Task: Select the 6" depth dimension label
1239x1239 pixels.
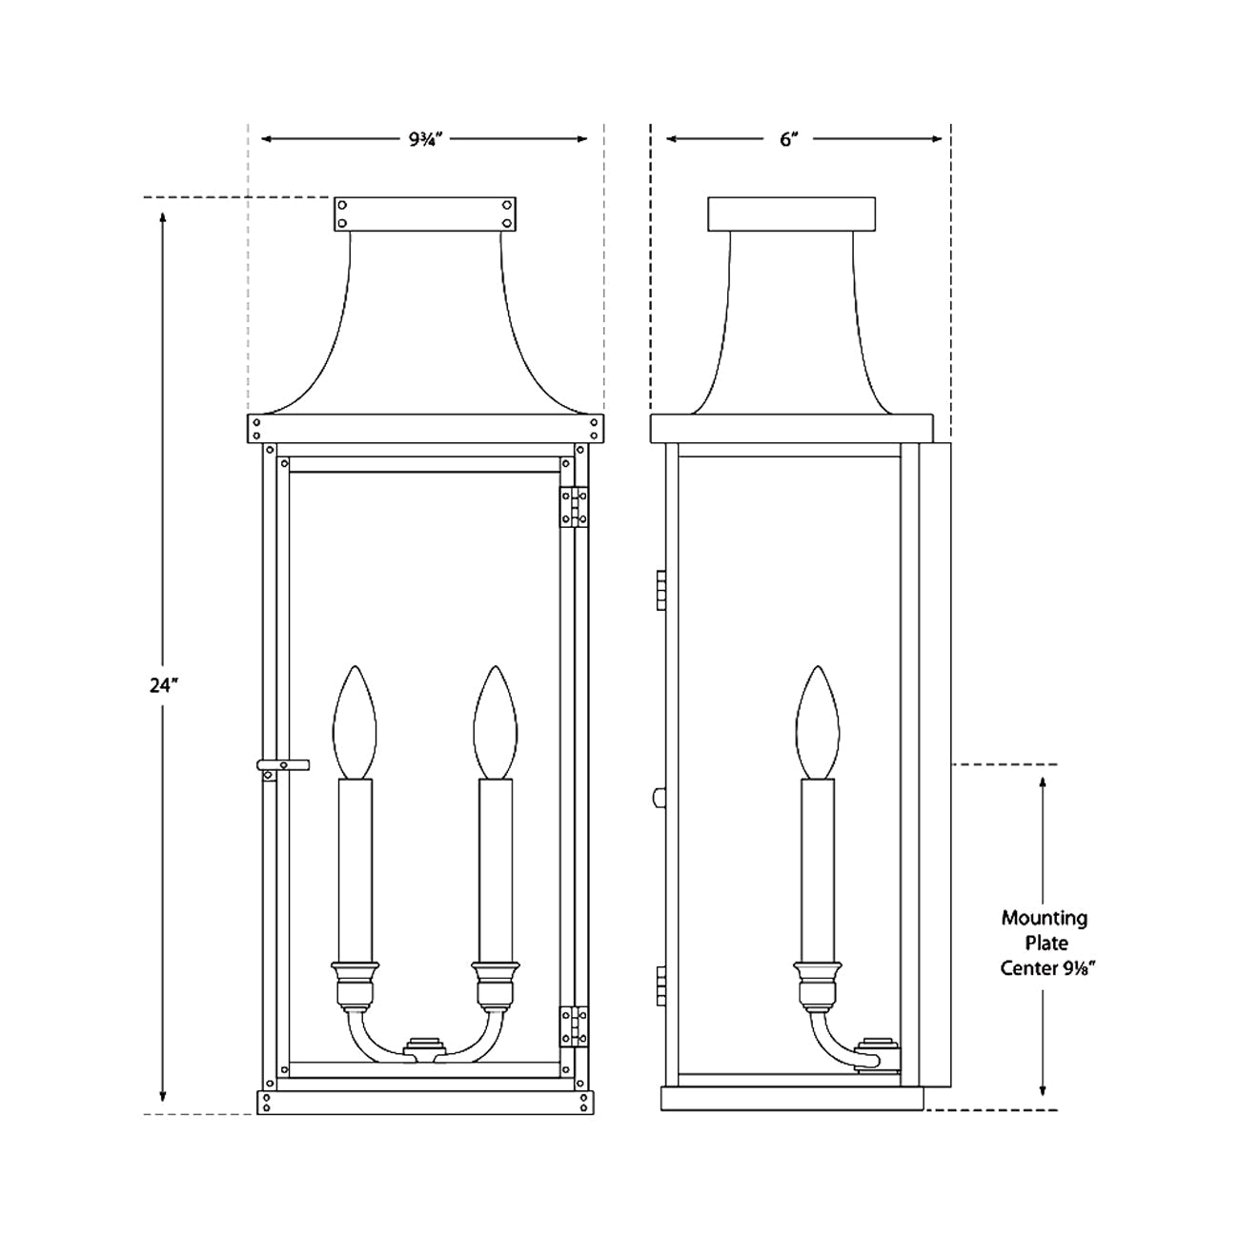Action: click(788, 139)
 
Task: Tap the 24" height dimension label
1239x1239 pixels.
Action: click(164, 685)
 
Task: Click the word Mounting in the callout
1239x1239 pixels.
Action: click(1044, 918)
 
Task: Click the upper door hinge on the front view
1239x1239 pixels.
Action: click(572, 505)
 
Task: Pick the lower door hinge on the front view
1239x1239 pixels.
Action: click(572, 1026)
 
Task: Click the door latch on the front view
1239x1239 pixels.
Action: click(282, 765)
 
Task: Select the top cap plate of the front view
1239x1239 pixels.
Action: click(425, 213)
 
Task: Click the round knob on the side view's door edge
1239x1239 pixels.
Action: click(657, 799)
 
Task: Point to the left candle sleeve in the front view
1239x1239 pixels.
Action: click(355, 867)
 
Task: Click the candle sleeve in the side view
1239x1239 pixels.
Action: click(819, 867)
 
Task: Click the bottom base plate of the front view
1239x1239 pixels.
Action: click(425, 1102)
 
